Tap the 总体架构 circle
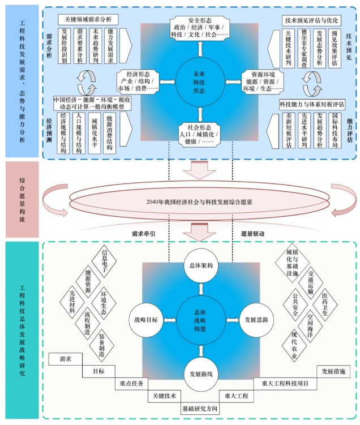[x=199, y=266]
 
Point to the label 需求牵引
[x=144, y=232]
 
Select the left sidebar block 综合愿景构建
[x=22, y=199]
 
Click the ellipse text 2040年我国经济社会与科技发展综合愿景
[x=199, y=201]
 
